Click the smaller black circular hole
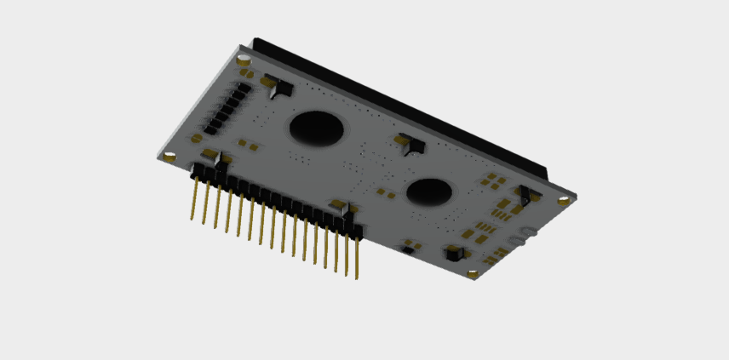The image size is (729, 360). (x=428, y=192)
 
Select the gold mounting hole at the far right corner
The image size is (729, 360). (x=563, y=201)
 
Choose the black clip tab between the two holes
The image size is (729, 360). (x=411, y=144)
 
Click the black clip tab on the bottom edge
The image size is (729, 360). (x=455, y=254)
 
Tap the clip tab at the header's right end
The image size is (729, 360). (x=338, y=207)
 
